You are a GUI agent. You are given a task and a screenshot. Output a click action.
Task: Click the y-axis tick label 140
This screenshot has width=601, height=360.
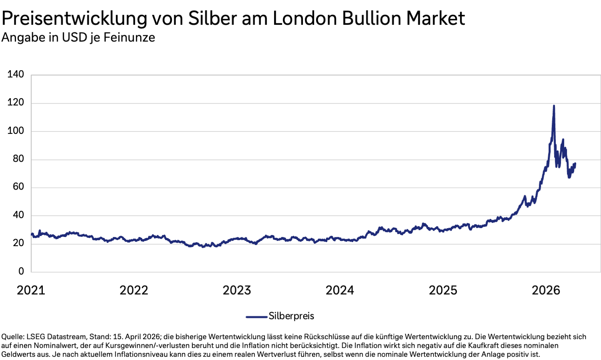(x=16, y=74)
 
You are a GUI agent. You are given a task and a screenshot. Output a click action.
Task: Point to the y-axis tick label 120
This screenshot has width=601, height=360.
(x=16, y=103)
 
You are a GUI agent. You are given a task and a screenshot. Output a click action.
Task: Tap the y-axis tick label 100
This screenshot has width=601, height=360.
(x=16, y=131)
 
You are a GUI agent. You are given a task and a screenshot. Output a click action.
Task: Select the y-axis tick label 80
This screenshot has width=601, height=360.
(x=18, y=159)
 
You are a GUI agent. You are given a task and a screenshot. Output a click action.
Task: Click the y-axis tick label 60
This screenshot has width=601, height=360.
(x=18, y=187)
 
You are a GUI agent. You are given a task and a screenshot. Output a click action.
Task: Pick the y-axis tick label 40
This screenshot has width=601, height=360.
(x=18, y=215)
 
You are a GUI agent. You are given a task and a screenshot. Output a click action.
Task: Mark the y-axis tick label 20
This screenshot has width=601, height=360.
(x=18, y=243)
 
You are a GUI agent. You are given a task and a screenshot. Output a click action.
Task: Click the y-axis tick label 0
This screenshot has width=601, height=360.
(x=21, y=271)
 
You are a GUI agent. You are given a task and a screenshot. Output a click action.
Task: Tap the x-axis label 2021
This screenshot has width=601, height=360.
(x=31, y=290)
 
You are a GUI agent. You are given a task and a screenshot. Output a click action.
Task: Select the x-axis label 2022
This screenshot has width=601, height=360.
(x=134, y=290)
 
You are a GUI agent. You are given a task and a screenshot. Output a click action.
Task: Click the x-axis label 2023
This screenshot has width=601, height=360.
(x=237, y=290)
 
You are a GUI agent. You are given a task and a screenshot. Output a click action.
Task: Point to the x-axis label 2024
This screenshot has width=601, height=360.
(x=340, y=290)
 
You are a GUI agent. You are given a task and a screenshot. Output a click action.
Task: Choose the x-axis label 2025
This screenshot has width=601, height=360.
(x=443, y=290)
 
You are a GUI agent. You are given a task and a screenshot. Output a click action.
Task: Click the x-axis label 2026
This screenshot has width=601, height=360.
(x=546, y=290)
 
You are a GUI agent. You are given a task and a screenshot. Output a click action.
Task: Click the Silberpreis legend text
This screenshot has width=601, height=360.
(x=291, y=316)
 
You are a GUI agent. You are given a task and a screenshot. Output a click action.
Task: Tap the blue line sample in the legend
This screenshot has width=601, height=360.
(x=256, y=317)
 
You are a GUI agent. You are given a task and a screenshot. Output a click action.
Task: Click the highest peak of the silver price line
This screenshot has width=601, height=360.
(x=554, y=106)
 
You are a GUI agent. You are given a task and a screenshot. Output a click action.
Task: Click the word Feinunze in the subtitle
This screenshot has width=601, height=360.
(x=129, y=38)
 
